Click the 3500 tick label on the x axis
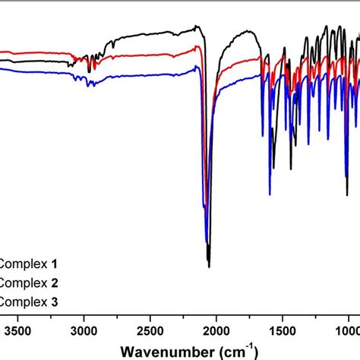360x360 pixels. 17,331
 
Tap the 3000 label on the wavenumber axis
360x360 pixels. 84,331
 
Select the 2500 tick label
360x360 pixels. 150,331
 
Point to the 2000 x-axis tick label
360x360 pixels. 216,331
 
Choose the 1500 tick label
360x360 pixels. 283,331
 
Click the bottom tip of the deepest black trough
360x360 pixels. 209,267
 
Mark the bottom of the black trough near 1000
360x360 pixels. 347,196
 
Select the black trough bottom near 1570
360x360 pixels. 273,169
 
